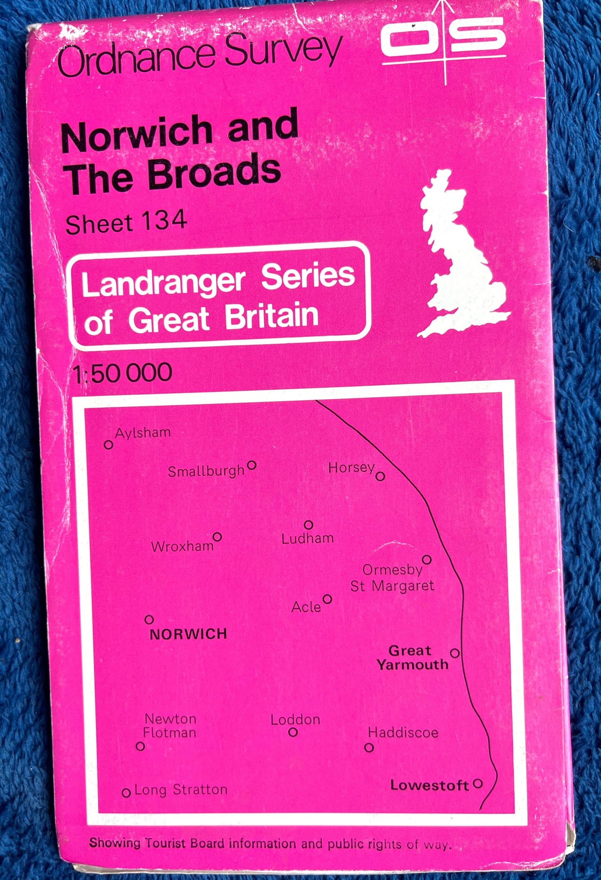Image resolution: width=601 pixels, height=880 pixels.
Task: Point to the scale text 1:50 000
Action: click(122, 372)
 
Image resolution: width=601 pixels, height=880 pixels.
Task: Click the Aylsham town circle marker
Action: click(109, 444)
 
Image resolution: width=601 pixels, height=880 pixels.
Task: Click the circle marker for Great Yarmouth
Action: click(455, 653)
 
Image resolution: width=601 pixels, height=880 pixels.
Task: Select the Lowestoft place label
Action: click(430, 785)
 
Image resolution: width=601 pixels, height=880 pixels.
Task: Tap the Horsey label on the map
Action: click(351, 468)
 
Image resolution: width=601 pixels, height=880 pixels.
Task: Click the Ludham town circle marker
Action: click(308, 525)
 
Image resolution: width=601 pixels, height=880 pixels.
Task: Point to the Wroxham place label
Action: click(182, 546)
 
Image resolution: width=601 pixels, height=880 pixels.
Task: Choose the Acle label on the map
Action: click(306, 607)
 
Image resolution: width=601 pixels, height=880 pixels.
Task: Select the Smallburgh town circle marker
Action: click(251, 465)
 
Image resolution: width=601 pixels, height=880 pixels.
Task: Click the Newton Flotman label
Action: click(170, 725)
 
